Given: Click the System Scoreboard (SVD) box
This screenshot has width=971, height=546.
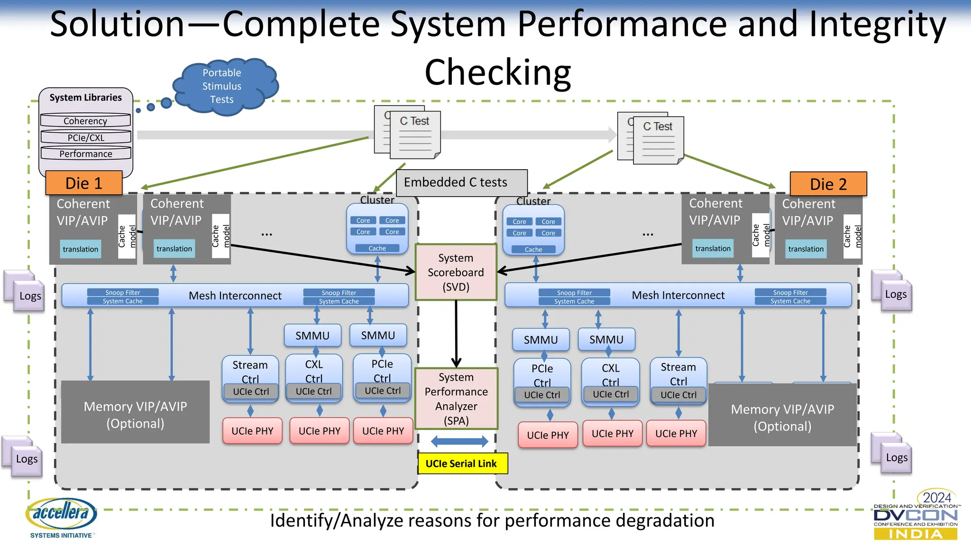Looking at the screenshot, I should tap(456, 272).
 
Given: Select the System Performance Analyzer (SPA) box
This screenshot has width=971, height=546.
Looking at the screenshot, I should tap(456, 399).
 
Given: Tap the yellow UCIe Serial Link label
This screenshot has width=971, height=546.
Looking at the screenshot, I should tap(462, 464).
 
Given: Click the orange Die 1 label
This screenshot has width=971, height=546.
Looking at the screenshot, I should tap(84, 183).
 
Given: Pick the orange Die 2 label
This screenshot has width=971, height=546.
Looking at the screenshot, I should tap(828, 184).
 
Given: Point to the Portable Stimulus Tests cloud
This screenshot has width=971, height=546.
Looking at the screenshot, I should tap(222, 86).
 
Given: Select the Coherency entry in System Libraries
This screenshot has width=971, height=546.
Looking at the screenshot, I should tap(85, 121).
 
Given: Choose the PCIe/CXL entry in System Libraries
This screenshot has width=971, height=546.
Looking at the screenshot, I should tap(86, 137).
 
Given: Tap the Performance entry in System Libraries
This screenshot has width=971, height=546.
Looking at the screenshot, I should tap(86, 154).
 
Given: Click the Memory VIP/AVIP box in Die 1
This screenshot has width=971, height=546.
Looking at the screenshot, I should tap(135, 414).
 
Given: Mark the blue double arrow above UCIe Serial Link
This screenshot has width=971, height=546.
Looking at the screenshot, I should tap(459, 442).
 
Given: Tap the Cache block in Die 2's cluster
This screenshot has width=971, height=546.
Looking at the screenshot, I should tap(533, 249).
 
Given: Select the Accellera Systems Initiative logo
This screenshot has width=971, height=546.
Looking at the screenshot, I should tap(62, 517).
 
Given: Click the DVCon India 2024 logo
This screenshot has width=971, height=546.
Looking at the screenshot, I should tap(915, 516).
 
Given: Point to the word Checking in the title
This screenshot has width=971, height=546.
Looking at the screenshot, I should tap(497, 72).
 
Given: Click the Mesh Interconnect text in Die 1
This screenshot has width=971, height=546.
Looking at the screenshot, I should tap(235, 296).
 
